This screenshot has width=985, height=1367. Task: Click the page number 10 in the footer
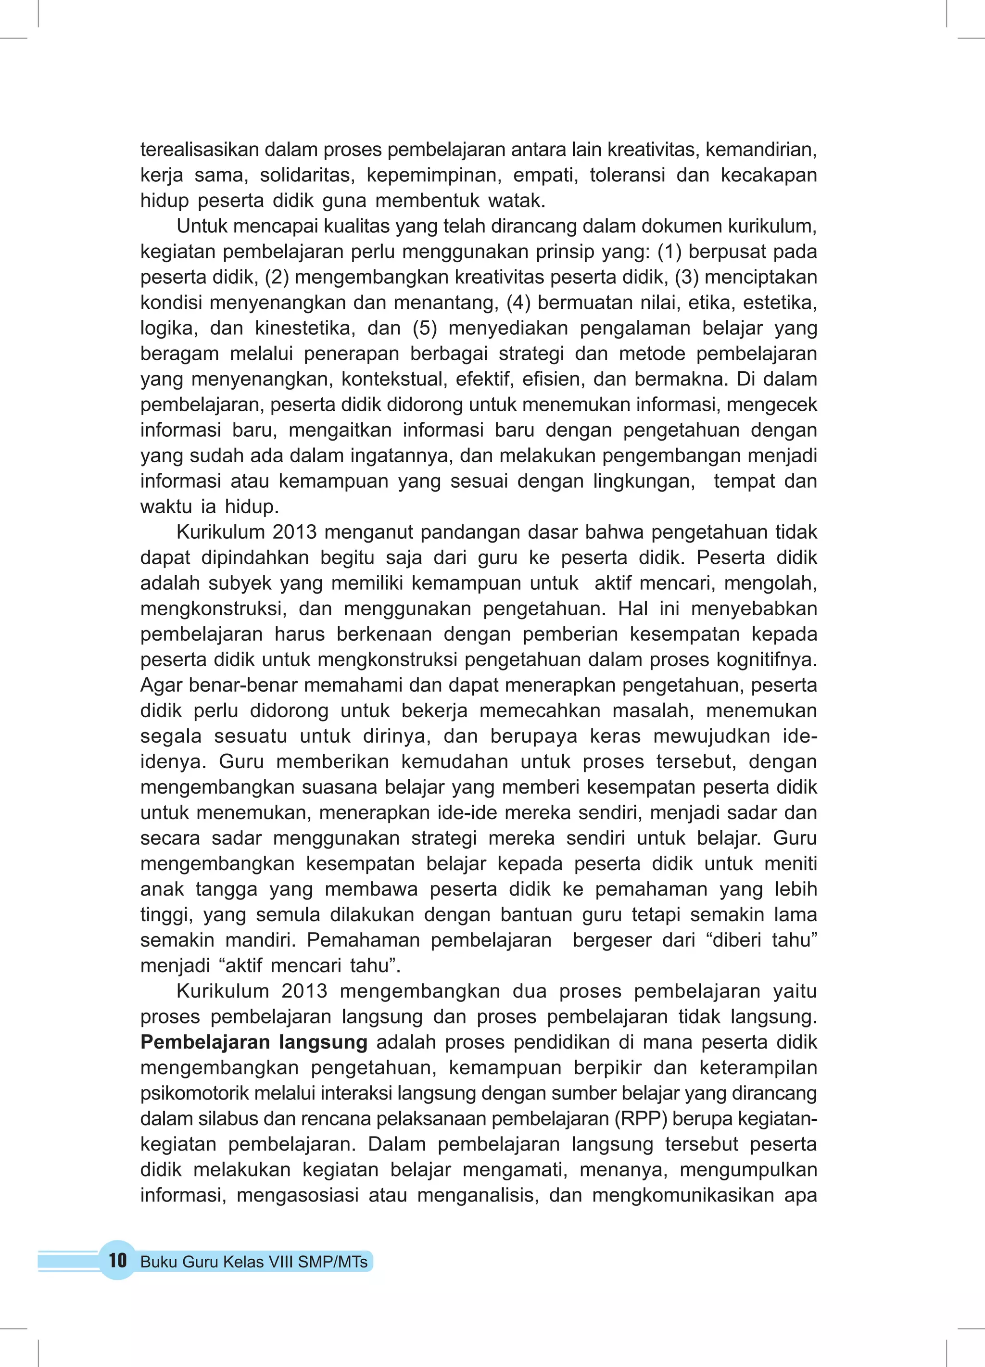point(117,1260)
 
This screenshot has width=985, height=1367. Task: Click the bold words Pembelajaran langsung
point(254,1042)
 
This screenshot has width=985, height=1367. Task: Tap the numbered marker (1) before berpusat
point(669,252)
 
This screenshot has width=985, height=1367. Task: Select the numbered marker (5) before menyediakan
point(425,328)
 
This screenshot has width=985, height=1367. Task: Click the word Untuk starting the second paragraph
point(202,226)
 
